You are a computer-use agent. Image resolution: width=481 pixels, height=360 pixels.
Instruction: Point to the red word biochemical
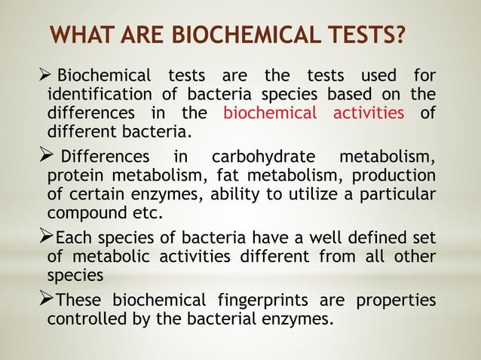(270, 114)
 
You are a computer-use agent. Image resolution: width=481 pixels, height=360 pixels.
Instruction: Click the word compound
(83, 212)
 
